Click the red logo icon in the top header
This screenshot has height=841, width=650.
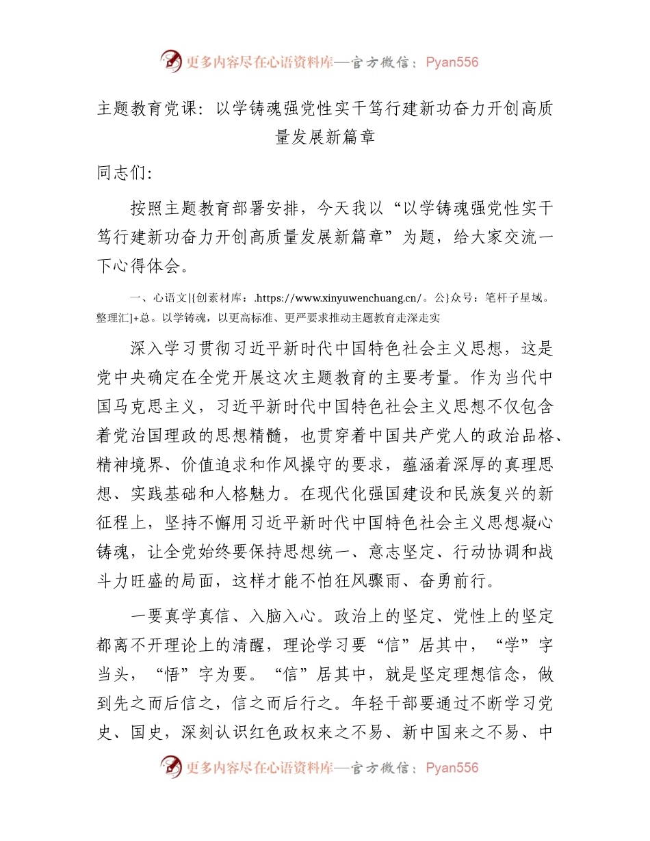[171, 62]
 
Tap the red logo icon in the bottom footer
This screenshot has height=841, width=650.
[171, 767]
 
